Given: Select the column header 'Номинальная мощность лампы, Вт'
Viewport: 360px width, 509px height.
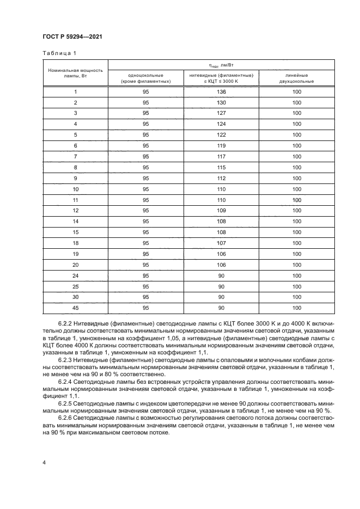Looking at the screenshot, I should [x=75, y=73].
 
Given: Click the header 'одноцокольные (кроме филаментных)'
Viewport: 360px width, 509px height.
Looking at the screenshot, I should [x=145, y=78].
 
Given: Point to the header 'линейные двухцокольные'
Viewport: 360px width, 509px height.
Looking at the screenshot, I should [x=296, y=78].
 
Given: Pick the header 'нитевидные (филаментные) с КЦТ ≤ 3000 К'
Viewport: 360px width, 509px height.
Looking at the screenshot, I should [x=221, y=78].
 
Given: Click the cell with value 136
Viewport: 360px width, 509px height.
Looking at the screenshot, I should [x=221, y=92].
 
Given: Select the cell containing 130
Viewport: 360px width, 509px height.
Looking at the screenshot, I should [x=221, y=102].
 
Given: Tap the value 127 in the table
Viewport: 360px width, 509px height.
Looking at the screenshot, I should [x=221, y=113].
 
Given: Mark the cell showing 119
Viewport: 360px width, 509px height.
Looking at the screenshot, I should [x=221, y=146].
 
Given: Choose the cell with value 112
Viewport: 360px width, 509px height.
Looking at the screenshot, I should [x=221, y=178].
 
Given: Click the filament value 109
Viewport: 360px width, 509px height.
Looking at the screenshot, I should [x=221, y=210].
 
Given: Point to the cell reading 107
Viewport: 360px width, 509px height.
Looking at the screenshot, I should [x=221, y=243].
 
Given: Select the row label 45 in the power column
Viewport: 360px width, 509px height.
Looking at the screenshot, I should [x=75, y=308].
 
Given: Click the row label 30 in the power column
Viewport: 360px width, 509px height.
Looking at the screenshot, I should [x=75, y=297].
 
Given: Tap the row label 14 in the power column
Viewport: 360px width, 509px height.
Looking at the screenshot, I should [x=75, y=221].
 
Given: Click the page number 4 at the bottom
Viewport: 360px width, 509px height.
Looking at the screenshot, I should [x=44, y=462].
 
